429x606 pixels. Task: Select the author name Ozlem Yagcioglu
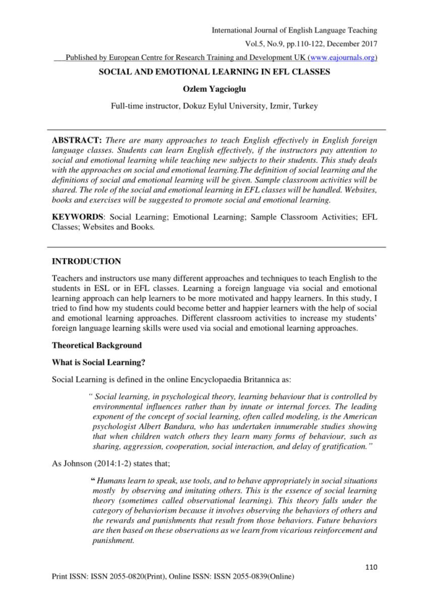click(214, 89)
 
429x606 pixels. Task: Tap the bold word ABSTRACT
click(76, 141)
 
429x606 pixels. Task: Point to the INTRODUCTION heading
click(86, 261)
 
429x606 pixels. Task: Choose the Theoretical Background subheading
click(96, 345)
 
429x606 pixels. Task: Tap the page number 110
click(371, 567)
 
